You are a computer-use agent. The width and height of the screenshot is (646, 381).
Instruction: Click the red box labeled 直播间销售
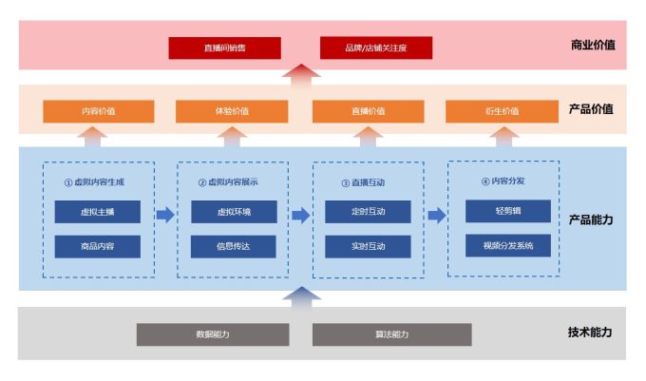224,48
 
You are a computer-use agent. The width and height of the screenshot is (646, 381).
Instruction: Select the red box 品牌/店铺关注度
376,48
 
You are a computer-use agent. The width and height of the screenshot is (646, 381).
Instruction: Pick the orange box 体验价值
231,111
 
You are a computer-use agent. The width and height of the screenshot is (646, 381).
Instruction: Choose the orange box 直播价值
368,111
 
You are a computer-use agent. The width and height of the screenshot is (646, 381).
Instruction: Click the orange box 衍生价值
502,111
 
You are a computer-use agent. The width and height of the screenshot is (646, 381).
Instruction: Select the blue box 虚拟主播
97,212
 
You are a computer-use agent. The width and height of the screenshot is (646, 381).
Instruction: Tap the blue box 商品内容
97,247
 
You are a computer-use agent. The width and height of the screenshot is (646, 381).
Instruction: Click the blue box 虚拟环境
234,212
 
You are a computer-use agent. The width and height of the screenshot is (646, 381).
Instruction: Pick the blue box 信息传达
234,247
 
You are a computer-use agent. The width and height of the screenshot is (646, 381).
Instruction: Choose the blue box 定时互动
368,212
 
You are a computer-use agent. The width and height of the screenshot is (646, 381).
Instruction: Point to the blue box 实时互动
368,247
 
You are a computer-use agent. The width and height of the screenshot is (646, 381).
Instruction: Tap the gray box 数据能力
213,334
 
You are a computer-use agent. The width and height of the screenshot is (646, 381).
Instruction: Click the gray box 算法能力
391,334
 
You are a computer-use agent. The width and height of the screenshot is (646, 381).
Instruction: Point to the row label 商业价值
592,45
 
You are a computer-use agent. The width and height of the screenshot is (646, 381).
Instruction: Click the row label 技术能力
590,333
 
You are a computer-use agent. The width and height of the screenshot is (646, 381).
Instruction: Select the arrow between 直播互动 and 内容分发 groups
437,216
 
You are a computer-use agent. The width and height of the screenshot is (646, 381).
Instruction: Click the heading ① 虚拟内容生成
96,181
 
